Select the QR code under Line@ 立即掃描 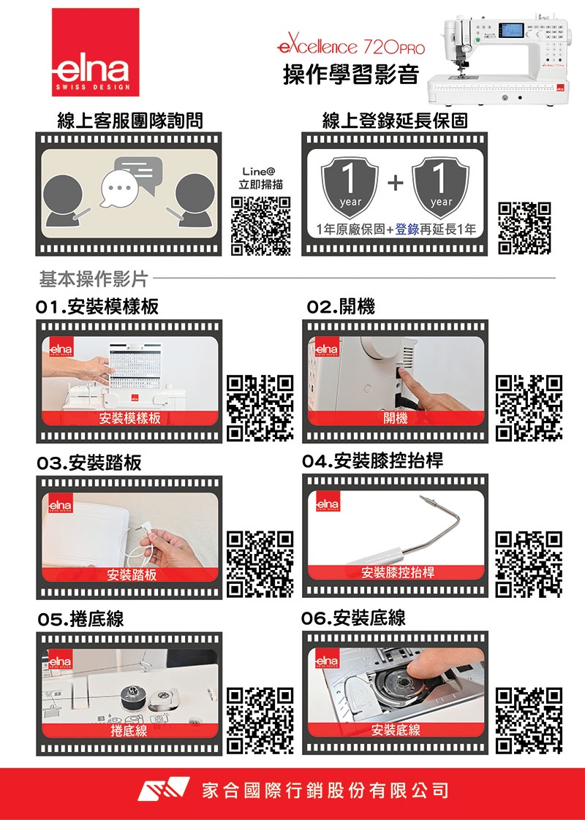click(x=261, y=226)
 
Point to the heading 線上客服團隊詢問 click(x=129, y=121)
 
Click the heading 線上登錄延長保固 click(x=395, y=121)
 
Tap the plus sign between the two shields click(x=395, y=184)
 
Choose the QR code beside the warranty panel click(x=524, y=227)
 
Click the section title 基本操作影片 click(x=94, y=279)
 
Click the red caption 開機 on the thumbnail click(x=396, y=418)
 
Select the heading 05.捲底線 click(x=81, y=620)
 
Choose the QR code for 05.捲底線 click(x=261, y=721)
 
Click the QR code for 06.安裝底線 click(x=530, y=721)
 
